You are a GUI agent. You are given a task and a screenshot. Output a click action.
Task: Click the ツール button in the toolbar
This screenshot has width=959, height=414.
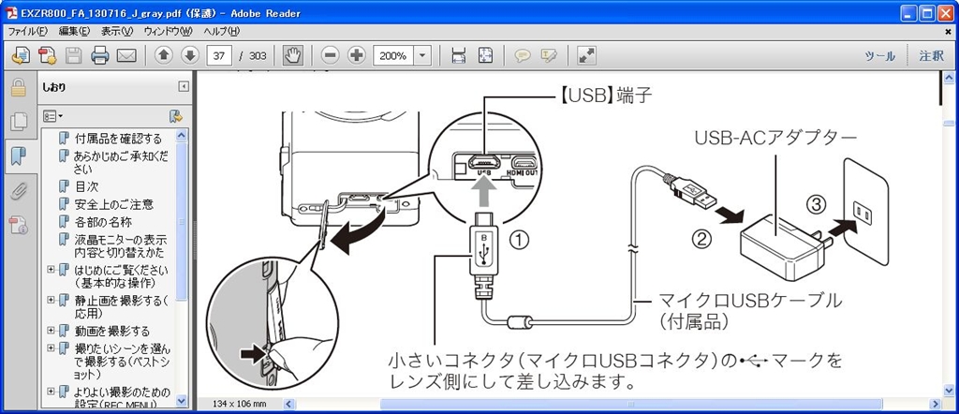[878, 56]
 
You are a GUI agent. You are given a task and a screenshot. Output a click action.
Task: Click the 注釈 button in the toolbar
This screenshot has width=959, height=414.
[931, 56]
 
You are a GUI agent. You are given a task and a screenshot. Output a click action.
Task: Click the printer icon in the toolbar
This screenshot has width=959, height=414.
[100, 56]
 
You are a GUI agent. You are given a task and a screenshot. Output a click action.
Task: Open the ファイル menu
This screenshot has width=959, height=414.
[28, 31]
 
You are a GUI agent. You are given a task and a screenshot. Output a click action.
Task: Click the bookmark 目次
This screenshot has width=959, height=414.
[87, 186]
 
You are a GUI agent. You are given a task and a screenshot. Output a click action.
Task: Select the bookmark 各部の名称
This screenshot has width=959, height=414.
[103, 222]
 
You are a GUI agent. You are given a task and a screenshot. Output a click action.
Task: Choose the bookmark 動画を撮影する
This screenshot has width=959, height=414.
[112, 331]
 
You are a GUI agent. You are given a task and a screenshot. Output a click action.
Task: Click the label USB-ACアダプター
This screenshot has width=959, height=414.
[776, 138]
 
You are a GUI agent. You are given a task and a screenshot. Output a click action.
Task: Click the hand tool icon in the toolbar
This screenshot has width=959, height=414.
[293, 56]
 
